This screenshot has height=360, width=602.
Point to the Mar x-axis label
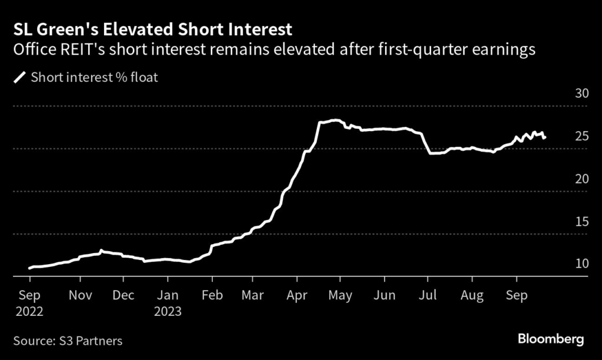tap(252, 296)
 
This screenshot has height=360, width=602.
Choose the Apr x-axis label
tap(297, 296)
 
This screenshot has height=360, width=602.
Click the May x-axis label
tap(340, 296)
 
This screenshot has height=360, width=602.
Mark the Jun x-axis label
tap(384, 296)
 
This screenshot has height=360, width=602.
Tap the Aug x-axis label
tap(471, 296)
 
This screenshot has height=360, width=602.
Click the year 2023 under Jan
tap(169, 312)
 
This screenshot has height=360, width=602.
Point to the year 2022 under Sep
tap(30, 312)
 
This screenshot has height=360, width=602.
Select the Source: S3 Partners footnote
tap(68, 340)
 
